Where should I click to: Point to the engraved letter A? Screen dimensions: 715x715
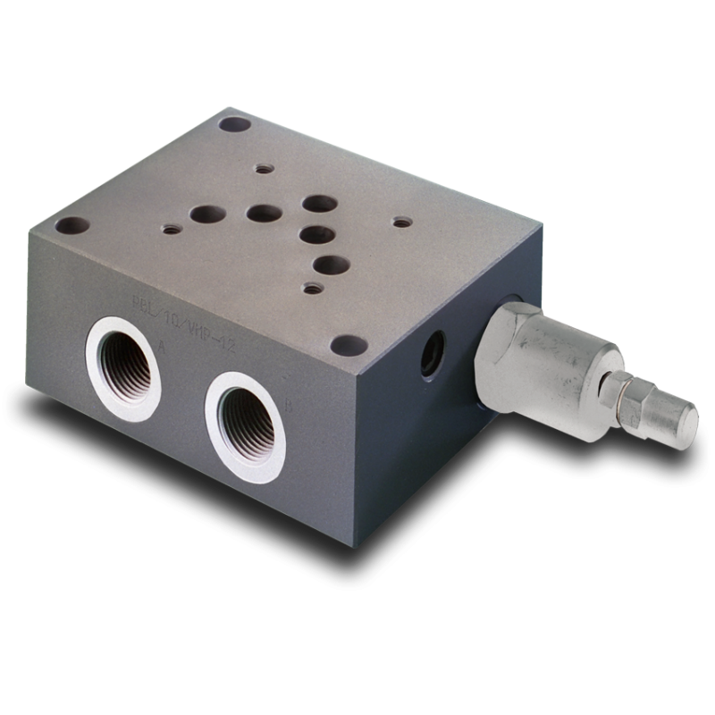(162, 343)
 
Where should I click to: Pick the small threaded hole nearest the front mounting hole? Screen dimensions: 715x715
(311, 288)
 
